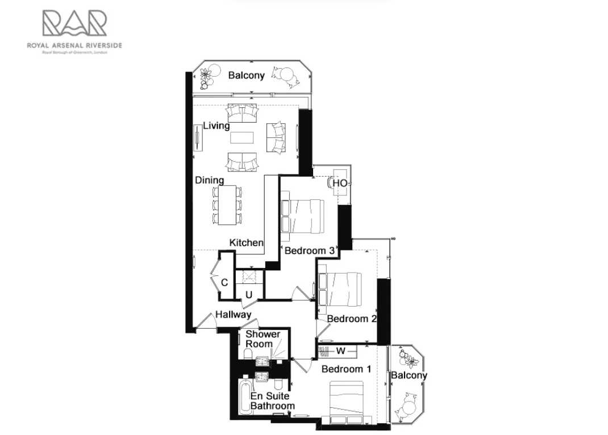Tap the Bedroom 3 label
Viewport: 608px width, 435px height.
pyautogui.click(x=309, y=250)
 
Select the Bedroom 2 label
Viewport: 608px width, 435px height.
pyautogui.click(x=352, y=319)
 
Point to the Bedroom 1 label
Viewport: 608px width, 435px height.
pyautogui.click(x=346, y=369)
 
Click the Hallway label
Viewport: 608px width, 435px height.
pyautogui.click(x=232, y=314)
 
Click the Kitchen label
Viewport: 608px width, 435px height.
pyautogui.click(x=246, y=242)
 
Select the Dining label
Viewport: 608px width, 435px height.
pyautogui.click(x=209, y=180)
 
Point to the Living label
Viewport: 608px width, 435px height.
pyautogui.click(x=216, y=126)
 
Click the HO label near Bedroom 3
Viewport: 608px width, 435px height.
pyautogui.click(x=339, y=183)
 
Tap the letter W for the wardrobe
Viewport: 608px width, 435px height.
pyautogui.click(x=341, y=350)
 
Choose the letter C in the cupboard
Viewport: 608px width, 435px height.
pyautogui.click(x=224, y=282)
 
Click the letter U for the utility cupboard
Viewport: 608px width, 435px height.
pyautogui.click(x=249, y=294)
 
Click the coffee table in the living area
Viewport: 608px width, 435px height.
pyautogui.click(x=243, y=139)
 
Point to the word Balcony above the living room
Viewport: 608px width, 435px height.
pyautogui.click(x=246, y=75)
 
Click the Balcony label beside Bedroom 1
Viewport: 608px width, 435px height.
pyautogui.click(x=409, y=375)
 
